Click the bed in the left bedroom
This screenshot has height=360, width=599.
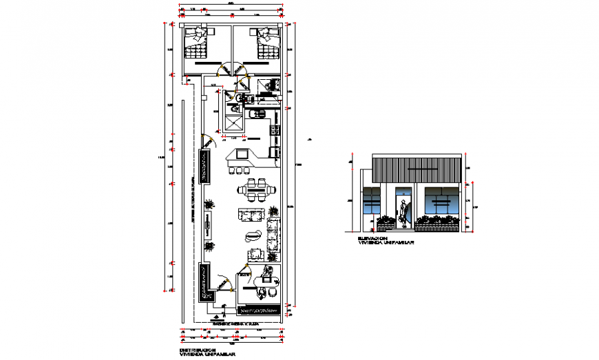click(197, 43)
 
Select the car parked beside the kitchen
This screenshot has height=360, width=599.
click(204, 166)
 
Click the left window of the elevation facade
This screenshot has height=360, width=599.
click(372, 202)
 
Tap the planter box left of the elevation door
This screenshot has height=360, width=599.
click(385, 222)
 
